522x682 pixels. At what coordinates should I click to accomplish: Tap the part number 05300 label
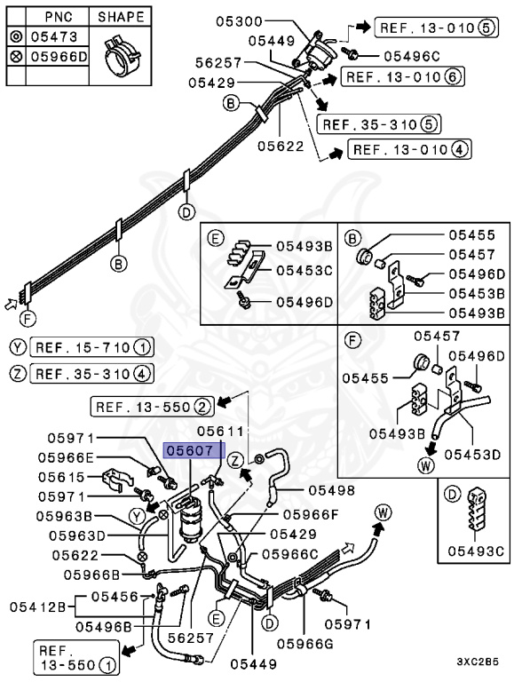click(x=240, y=21)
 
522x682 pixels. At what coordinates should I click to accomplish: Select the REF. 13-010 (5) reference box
click(x=436, y=28)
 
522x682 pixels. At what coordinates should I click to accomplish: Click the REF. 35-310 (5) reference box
click(x=379, y=124)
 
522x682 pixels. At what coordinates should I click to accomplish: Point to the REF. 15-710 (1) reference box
click(x=91, y=347)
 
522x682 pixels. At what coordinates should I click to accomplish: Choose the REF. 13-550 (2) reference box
click(x=152, y=407)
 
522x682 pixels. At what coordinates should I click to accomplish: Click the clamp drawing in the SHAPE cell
click(x=121, y=55)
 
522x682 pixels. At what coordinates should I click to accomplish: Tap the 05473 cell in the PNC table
click(x=54, y=37)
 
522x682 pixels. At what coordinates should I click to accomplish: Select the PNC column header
click(x=59, y=17)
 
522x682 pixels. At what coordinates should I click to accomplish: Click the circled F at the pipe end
click(x=28, y=319)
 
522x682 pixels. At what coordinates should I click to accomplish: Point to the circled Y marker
click(x=137, y=516)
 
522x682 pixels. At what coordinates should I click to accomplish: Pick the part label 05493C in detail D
click(x=476, y=551)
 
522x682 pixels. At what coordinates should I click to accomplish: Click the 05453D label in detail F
click(x=472, y=455)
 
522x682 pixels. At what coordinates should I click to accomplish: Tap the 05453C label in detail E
click(x=304, y=271)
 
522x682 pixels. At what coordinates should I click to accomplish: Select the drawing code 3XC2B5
click(x=478, y=662)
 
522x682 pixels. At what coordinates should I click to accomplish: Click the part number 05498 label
click(x=332, y=490)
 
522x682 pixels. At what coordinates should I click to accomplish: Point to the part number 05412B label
click(x=37, y=607)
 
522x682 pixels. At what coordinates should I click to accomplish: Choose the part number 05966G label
click(x=304, y=643)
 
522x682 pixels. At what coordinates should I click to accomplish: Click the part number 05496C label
click(x=412, y=56)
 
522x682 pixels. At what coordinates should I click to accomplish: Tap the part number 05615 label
click(x=61, y=477)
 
